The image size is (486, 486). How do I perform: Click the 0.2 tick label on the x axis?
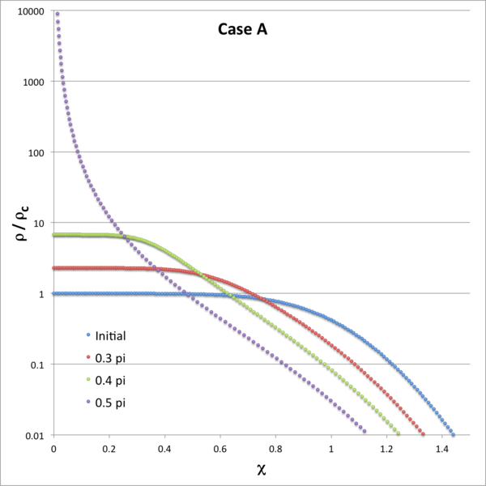(x=109, y=447)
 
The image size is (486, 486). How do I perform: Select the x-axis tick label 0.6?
(x=220, y=447)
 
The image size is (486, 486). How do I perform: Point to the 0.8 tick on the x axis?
(x=275, y=447)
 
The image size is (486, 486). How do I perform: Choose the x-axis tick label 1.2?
(x=386, y=447)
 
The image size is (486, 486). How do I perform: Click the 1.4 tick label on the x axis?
(x=441, y=447)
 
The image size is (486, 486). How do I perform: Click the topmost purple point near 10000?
(x=57, y=14)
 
